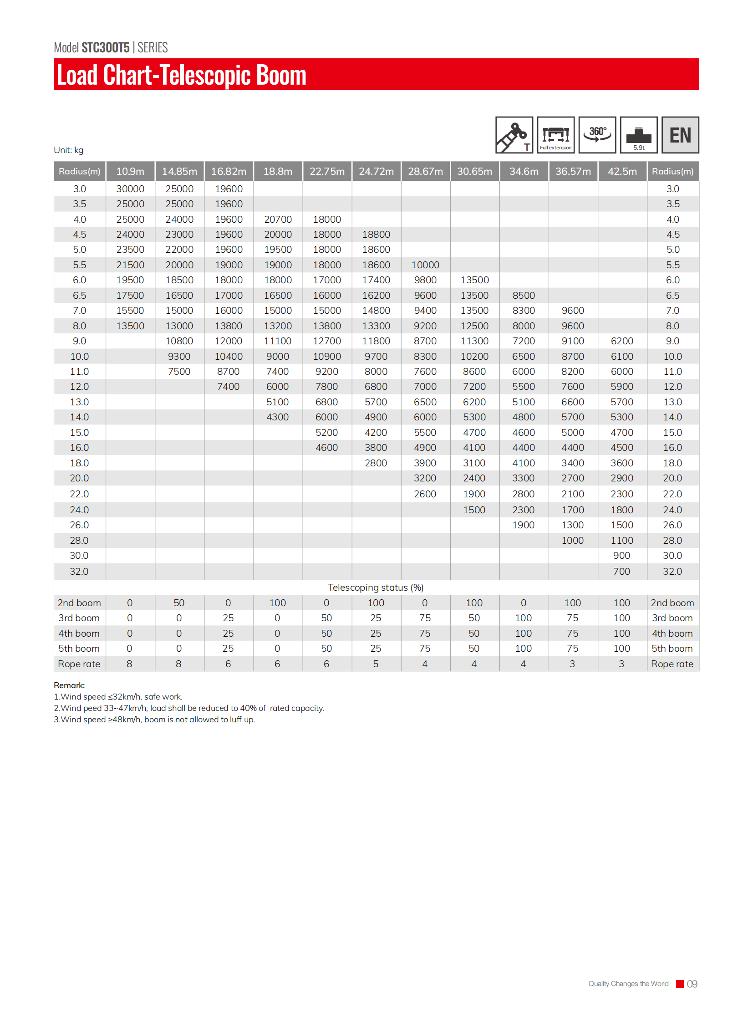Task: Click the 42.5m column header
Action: [x=622, y=172]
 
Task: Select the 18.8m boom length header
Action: [x=278, y=172]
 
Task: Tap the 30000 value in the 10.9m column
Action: [x=130, y=189]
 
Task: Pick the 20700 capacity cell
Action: [x=278, y=220]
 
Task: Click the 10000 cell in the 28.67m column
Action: [x=425, y=265]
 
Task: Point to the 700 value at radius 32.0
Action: [x=621, y=572]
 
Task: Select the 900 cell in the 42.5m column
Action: [x=621, y=556]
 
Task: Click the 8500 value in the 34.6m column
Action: [x=523, y=296]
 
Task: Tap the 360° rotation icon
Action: [x=597, y=135]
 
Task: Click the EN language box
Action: [x=680, y=135]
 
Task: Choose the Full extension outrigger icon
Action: [x=555, y=135]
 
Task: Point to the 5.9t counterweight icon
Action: [x=639, y=135]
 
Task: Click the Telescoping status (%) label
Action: [x=376, y=588]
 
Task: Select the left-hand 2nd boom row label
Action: [x=79, y=603]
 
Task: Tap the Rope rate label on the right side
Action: [x=672, y=664]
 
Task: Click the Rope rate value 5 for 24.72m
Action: [x=376, y=664]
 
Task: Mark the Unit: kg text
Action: [x=68, y=150]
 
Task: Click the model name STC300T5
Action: [x=105, y=47]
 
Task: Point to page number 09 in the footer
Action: [x=692, y=984]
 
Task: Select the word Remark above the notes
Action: [x=69, y=685]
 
